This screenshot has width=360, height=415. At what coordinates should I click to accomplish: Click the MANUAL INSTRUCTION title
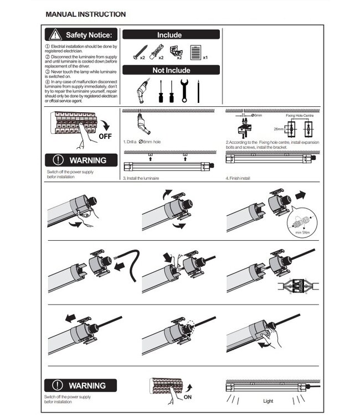pos(85,14)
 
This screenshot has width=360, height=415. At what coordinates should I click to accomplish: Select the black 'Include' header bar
pos(171,35)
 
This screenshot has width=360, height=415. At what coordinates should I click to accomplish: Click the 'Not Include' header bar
pos(171,70)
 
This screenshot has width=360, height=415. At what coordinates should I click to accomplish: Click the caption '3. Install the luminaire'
pos(141,179)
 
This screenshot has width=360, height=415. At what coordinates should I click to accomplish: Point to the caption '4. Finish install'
pos(239,179)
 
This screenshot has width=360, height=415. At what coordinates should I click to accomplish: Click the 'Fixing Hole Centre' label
pos(300,116)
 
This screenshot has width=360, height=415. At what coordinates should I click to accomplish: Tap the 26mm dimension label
pos(281,129)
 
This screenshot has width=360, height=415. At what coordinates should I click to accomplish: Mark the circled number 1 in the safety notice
pos(47,46)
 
